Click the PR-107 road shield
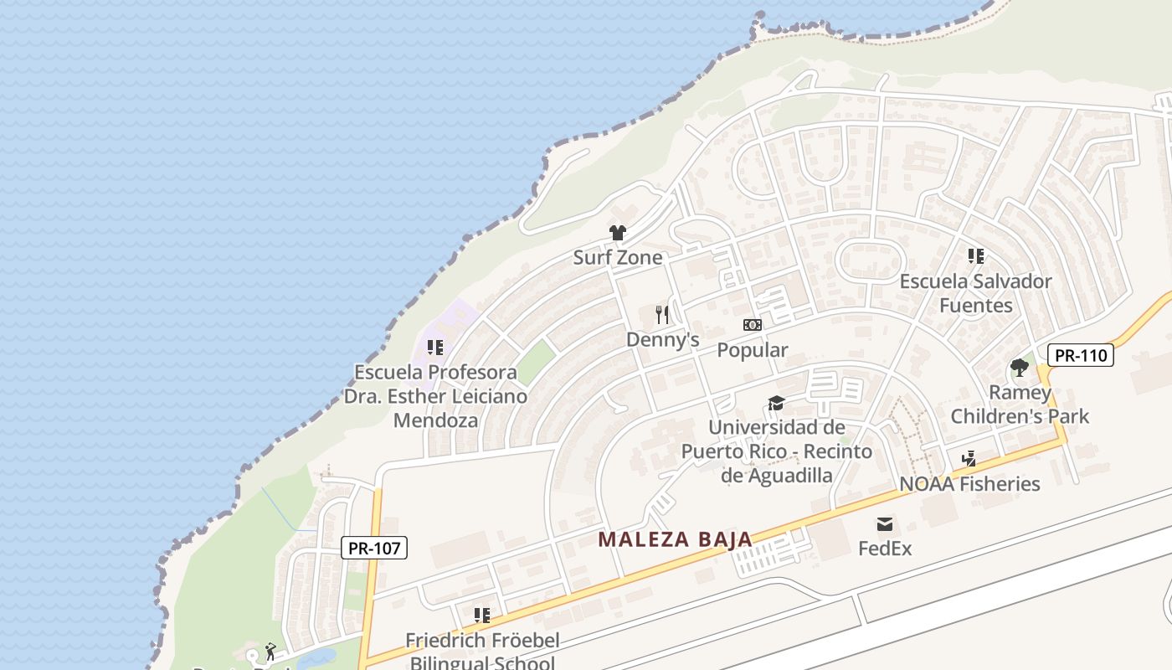(374, 549)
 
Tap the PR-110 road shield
(1080, 355)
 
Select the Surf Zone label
(617, 257)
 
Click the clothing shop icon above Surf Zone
(618, 233)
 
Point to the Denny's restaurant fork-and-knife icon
(662, 315)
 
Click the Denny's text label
(662, 339)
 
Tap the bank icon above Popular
(752, 325)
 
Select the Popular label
(752, 350)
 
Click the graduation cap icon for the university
(776, 404)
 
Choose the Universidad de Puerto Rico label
(776, 451)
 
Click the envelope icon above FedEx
(884, 524)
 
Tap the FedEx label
(884, 549)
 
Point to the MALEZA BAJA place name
(675, 540)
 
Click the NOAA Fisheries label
(969, 483)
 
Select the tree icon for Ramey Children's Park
(1019, 368)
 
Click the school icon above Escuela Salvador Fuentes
(975, 256)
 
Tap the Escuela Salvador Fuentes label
(975, 293)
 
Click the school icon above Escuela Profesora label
(434, 347)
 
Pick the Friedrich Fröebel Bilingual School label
(482, 652)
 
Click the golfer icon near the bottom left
(270, 652)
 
